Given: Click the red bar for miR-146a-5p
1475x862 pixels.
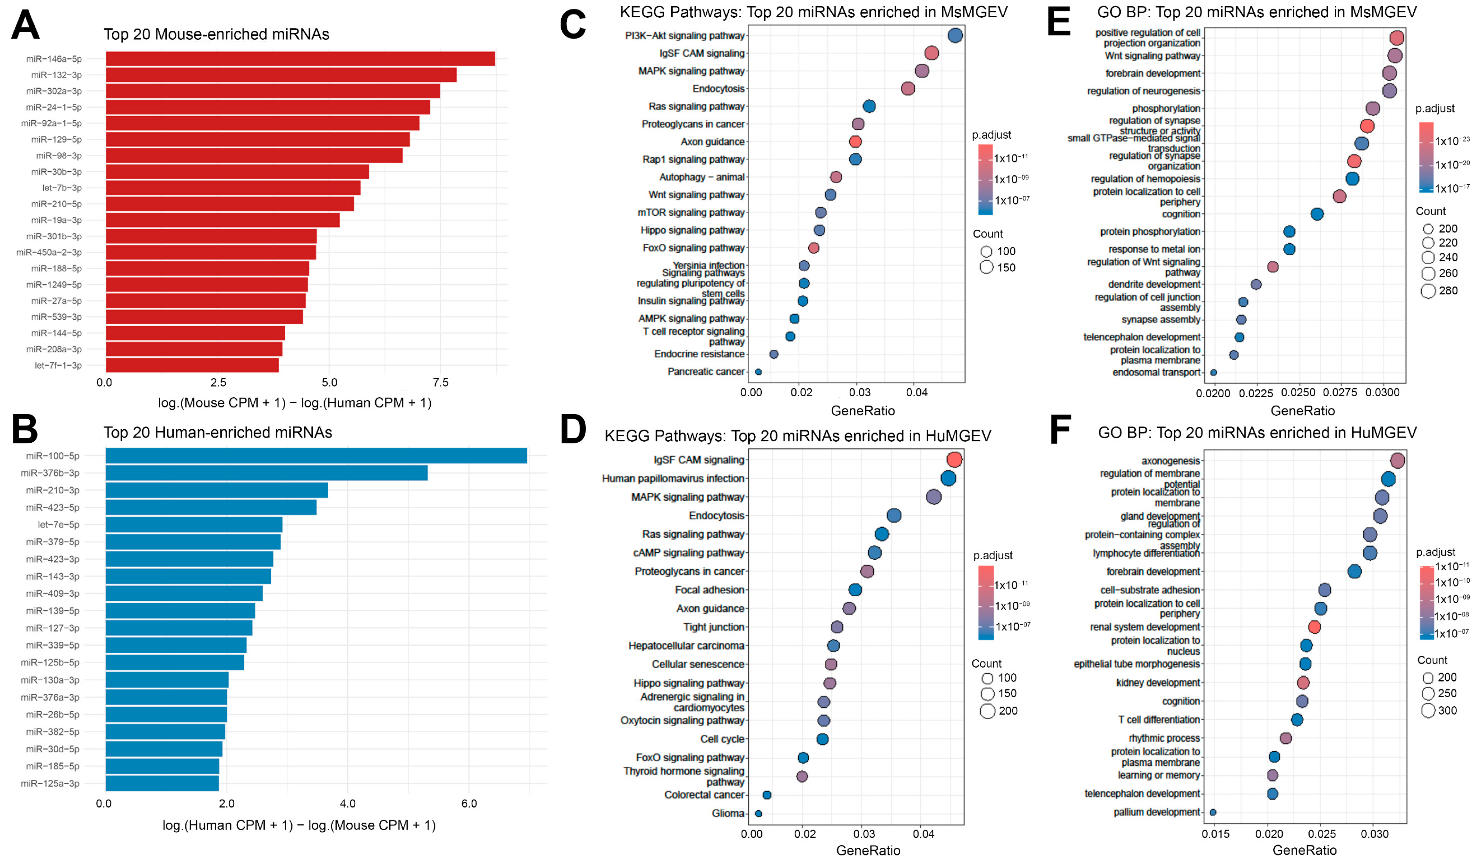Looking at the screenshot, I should (300, 59).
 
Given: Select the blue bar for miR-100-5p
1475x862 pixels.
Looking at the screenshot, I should (316, 455).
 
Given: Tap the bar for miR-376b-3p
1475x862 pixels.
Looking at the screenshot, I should (266, 473).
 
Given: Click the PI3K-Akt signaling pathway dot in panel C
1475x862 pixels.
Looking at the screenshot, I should (955, 36).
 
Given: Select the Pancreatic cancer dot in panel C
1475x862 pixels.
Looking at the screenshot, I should (759, 372).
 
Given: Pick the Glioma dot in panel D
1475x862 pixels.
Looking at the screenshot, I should (759, 813).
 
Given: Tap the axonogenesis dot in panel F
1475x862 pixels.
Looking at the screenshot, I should (1397, 461).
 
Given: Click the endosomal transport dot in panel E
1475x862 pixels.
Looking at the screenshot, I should (1213, 372).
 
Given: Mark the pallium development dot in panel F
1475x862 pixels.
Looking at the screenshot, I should (1213, 812).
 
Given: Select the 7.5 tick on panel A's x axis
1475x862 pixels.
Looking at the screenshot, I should (440, 382).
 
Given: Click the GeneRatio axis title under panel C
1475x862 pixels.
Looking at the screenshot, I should (863, 411).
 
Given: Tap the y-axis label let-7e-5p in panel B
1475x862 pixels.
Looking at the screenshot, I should (59, 525).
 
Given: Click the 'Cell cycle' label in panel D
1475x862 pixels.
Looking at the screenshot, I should (722, 739).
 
